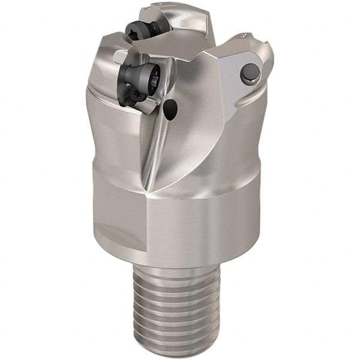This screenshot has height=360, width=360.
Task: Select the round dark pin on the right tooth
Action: [x=250, y=73]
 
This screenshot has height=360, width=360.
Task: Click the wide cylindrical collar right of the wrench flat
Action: [x=204, y=222]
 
